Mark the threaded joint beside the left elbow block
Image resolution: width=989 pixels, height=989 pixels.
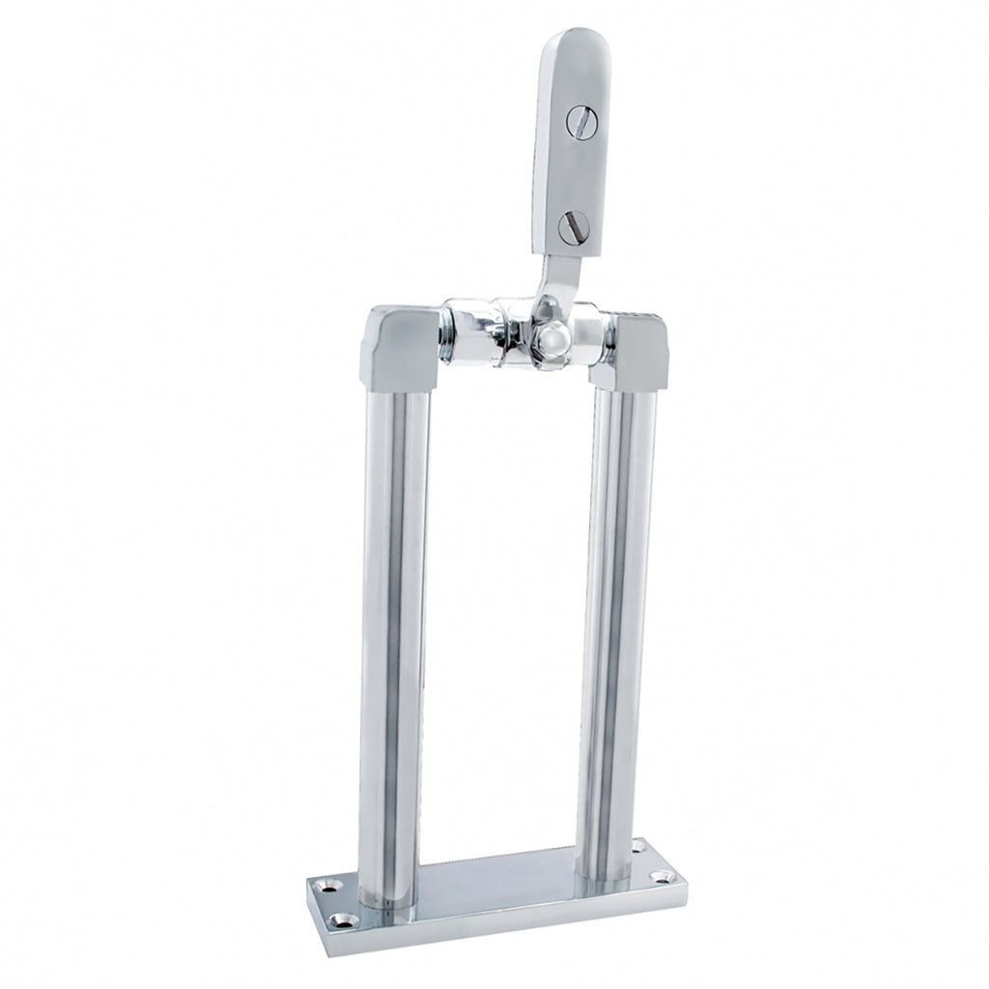[x=445, y=334]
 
